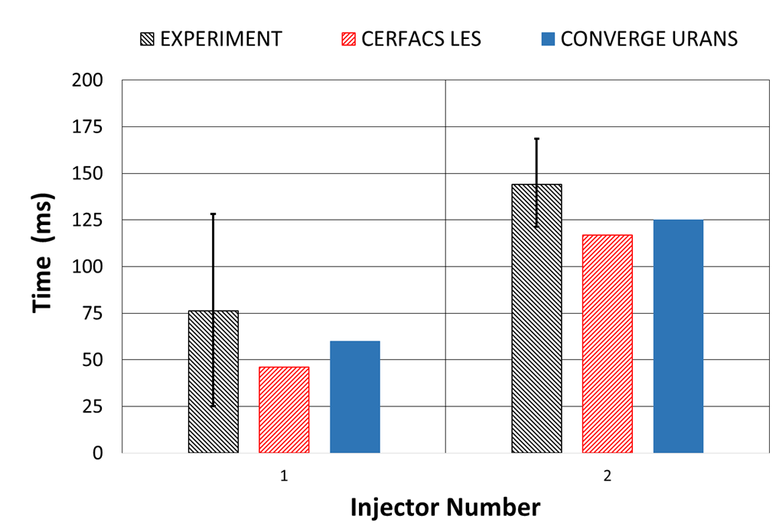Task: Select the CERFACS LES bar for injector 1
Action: (x=284, y=410)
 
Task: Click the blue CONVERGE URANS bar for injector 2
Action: (x=678, y=336)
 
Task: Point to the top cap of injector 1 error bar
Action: (x=213, y=214)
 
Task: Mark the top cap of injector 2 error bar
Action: (x=536, y=139)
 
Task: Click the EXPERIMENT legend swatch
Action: (x=146, y=39)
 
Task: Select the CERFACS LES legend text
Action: (x=421, y=39)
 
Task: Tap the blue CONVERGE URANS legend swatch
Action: (x=547, y=39)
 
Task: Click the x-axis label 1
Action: (x=284, y=476)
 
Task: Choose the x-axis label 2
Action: (x=607, y=476)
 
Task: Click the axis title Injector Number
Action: (x=445, y=507)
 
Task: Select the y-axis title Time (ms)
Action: (x=44, y=266)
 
